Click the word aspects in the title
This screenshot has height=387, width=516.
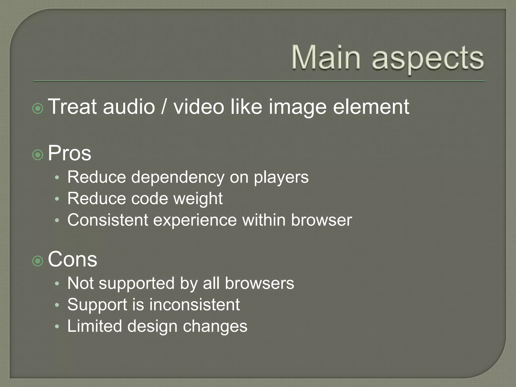pyautogui.click(x=428, y=59)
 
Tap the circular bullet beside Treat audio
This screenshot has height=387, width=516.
pyautogui.click(x=38, y=109)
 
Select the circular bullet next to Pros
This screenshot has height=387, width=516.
pyautogui.click(x=38, y=155)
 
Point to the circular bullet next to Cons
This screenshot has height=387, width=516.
pyautogui.click(x=38, y=261)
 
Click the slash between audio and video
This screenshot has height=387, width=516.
pyautogui.click(x=164, y=107)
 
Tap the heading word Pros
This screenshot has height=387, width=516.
pyautogui.click(x=70, y=153)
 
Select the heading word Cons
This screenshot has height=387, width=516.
pyautogui.click(x=73, y=260)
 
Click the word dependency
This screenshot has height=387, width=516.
pyautogui.click(x=178, y=178)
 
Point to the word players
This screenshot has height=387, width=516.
pyautogui.click(x=281, y=178)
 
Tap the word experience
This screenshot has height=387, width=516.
pyautogui.click(x=195, y=220)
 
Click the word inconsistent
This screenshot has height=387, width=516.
pyautogui.click(x=195, y=305)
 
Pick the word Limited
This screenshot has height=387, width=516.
pyautogui.click(x=95, y=326)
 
